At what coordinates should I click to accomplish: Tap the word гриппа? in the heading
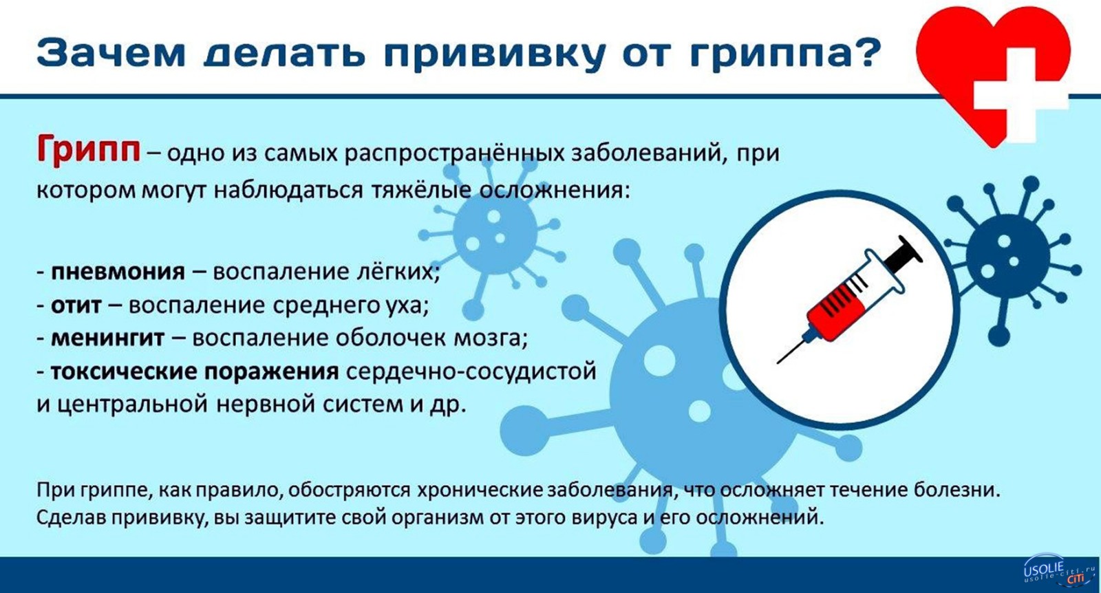click(783, 56)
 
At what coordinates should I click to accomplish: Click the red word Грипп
click(89, 149)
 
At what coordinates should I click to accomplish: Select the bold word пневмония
click(118, 272)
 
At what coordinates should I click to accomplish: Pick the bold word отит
click(76, 305)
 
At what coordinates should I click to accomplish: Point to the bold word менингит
click(107, 338)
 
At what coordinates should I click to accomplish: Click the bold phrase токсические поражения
click(195, 372)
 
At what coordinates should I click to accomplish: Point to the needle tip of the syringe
click(778, 363)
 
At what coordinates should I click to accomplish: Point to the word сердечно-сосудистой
click(471, 372)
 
